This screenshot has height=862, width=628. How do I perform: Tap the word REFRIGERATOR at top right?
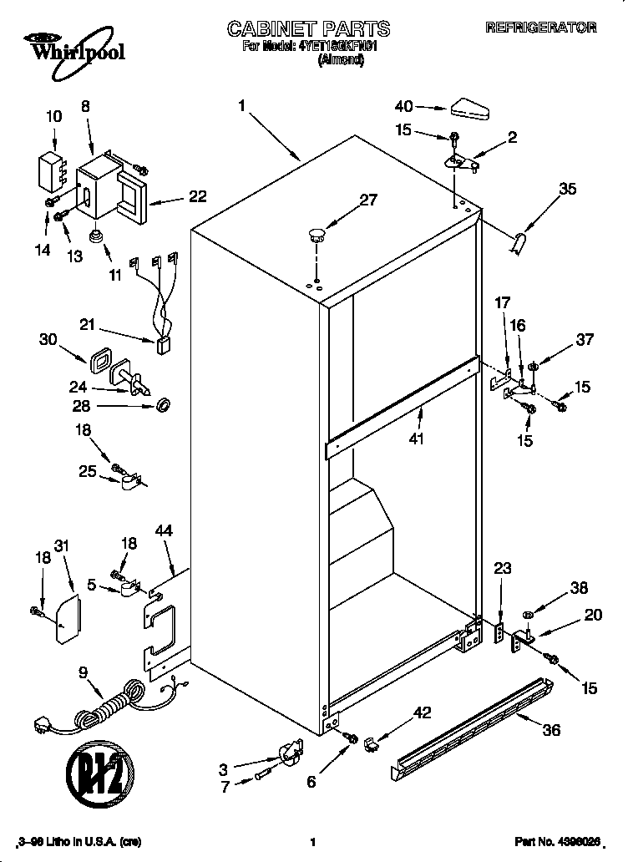[540, 28]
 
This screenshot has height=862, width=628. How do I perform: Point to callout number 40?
[404, 106]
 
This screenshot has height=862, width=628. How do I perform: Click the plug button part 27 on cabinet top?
[315, 234]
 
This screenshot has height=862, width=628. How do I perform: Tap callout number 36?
[550, 729]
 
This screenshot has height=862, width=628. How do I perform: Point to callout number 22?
[197, 196]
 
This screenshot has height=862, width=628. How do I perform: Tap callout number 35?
[568, 189]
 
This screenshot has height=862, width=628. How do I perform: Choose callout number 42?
[423, 712]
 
